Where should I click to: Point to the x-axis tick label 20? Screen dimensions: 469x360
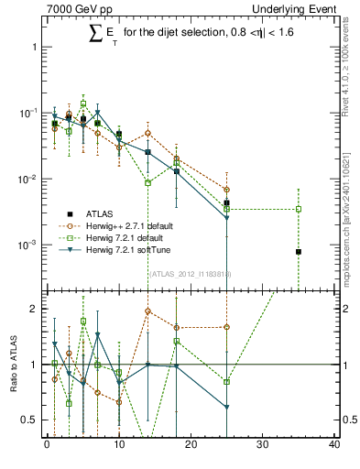tap(191, 446)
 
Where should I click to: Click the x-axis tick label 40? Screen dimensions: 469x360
tap(334, 446)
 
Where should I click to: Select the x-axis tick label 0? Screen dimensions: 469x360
tap(47, 446)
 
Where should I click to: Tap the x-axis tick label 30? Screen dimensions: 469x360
tap(263, 446)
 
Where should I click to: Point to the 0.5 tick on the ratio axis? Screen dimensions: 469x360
tap(33, 420)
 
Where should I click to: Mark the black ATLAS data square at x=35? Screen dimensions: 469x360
tap(299, 252)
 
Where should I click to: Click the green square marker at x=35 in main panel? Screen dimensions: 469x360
tap(299, 209)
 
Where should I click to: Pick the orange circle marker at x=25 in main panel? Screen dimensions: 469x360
tap(226, 190)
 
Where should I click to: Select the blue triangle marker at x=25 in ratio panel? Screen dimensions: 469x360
tap(226, 407)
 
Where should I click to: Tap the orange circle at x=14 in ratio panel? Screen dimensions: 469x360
tap(147, 311)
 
